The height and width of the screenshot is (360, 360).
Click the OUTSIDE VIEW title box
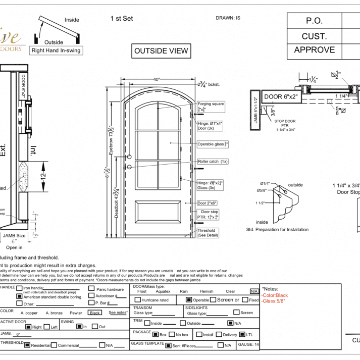161,50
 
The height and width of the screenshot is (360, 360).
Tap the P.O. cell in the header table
314,21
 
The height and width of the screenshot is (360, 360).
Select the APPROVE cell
314,50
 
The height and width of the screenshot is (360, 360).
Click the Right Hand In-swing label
56,50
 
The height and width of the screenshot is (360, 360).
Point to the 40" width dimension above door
157,79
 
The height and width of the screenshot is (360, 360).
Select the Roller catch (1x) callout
213,162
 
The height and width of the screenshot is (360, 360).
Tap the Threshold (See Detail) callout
208,233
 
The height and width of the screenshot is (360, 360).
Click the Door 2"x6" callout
207,202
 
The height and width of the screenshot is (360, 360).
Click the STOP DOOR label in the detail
286,121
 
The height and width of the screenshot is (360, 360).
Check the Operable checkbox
189,300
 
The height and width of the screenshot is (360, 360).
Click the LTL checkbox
242,334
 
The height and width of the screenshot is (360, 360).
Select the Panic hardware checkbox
91,289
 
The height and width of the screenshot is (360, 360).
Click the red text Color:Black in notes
275,295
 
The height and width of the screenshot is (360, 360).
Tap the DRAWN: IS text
228,18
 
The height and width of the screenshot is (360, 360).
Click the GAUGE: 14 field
248,345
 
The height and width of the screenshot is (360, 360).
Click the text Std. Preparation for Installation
277,229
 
